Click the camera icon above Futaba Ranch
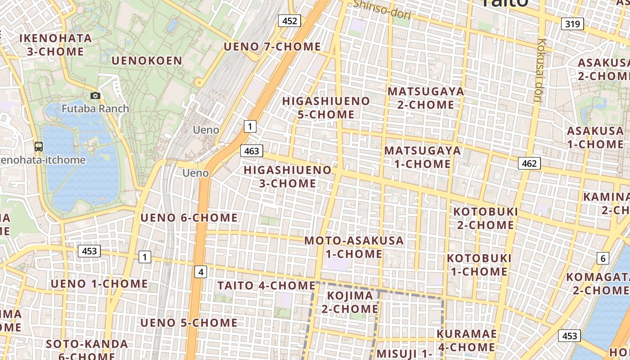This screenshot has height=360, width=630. click(95, 95)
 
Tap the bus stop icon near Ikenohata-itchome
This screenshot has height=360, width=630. click(39, 146)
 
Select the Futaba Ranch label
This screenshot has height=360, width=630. click(95, 108)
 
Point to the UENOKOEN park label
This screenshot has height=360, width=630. click(147, 61)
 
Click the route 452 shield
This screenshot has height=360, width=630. click(289, 21)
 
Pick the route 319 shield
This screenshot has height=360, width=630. click(572, 24)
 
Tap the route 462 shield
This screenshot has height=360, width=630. click(529, 163)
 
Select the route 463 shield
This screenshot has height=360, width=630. click(252, 151)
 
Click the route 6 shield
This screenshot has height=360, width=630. click(603, 258)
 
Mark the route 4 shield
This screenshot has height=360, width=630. click(201, 272)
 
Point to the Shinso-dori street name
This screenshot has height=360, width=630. click(382, 9)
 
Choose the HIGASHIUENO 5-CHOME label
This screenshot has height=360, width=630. click(326, 108)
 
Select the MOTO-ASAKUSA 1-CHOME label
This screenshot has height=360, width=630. click(354, 247)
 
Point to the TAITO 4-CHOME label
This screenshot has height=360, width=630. click(266, 286)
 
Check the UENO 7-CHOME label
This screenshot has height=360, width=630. click(272, 47)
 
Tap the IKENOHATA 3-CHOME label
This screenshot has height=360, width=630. click(56, 45)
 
